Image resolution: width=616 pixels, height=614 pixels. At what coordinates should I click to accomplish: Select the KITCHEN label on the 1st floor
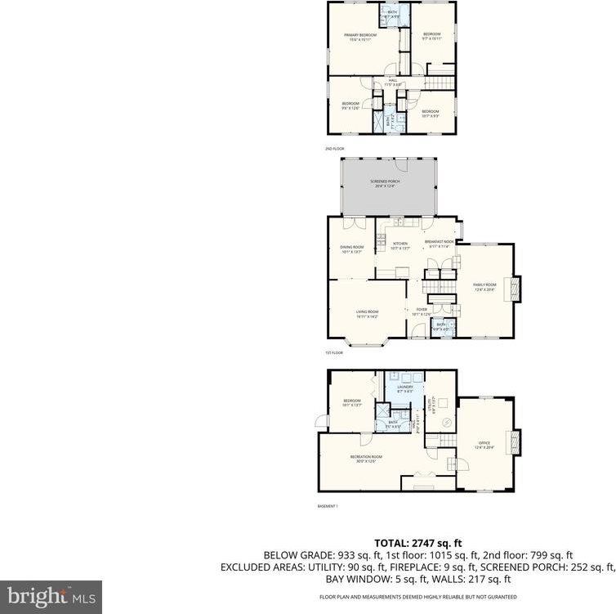(400, 244)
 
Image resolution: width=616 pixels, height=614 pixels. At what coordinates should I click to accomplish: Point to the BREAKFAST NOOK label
(439, 242)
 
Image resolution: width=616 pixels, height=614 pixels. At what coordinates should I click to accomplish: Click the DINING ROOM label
(352, 249)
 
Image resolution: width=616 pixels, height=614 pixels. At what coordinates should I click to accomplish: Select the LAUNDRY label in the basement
(405, 388)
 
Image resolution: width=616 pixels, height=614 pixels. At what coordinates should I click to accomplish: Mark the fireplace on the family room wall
(515, 289)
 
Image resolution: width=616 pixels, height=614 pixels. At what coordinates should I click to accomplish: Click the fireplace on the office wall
(515, 442)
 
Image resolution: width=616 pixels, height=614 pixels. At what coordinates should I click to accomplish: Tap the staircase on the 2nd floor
(440, 83)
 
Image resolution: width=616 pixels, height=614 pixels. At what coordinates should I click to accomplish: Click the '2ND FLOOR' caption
(334, 149)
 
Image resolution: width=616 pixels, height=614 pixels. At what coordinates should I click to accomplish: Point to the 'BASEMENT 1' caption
(328, 507)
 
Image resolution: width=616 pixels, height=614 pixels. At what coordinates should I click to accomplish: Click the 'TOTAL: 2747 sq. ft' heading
(418, 542)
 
